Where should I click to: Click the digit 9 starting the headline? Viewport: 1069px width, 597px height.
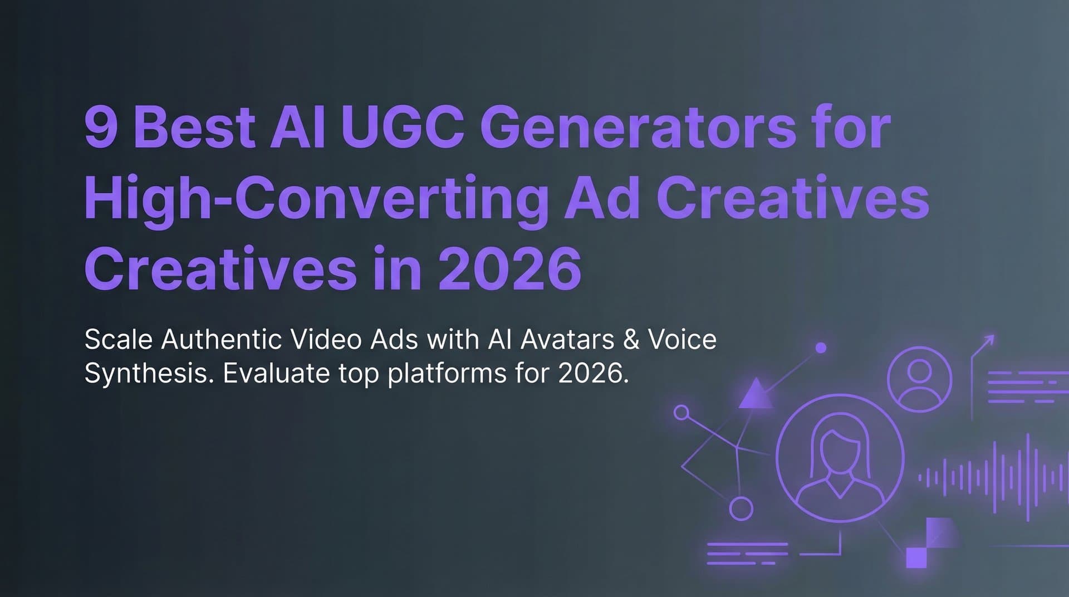pyautogui.click(x=101, y=128)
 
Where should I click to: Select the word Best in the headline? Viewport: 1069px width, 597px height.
pyautogui.click(x=194, y=128)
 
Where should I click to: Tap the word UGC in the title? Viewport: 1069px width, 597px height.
pyautogui.click(x=403, y=128)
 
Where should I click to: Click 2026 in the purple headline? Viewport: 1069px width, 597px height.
pyautogui.click(x=509, y=269)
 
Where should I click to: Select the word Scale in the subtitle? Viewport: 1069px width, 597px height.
pyautogui.click(x=118, y=340)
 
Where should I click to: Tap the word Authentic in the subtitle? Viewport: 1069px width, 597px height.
pyautogui.click(x=221, y=340)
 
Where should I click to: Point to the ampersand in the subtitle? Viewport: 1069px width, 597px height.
pyautogui.click(x=631, y=340)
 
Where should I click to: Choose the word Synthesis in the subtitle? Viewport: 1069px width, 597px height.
pyautogui.click(x=149, y=373)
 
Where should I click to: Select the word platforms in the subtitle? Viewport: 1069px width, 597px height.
pyautogui.click(x=447, y=373)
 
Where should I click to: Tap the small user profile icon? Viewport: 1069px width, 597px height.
pyautogui.click(x=919, y=379)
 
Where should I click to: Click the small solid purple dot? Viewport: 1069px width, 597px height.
pyautogui.click(x=820, y=348)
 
